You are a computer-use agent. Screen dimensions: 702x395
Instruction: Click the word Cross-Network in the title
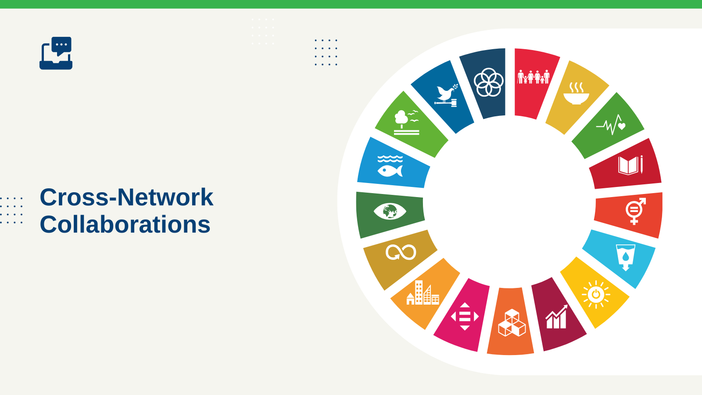(126, 197)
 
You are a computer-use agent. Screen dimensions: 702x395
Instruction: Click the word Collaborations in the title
(125, 224)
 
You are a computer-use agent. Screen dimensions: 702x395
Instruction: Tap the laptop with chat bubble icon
(56, 53)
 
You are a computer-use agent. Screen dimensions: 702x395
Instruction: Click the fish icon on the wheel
(390, 166)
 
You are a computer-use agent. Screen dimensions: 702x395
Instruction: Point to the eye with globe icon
(390, 211)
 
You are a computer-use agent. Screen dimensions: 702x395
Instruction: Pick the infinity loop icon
(401, 252)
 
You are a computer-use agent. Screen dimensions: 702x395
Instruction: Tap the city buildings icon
(423, 292)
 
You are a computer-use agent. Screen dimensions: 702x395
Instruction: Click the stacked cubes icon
(512, 323)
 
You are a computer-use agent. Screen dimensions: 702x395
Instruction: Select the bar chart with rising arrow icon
(557, 316)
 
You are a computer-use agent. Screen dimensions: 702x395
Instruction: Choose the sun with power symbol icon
(596, 294)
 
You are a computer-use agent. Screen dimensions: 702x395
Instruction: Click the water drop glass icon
(626, 258)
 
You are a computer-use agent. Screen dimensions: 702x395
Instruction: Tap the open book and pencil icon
(630, 165)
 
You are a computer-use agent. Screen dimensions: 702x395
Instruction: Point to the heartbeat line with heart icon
(611, 125)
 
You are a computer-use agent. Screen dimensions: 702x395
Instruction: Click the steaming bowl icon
(576, 93)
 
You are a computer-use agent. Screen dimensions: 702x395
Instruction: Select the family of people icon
(533, 77)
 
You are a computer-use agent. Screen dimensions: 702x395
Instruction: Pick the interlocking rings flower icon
(489, 83)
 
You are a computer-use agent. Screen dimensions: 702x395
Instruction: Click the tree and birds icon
(406, 122)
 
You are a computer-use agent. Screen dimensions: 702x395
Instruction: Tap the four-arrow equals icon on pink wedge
(465, 316)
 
